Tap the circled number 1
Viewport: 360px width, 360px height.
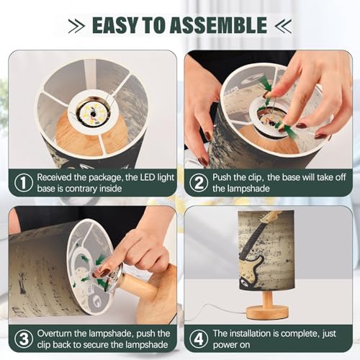coord(23,183)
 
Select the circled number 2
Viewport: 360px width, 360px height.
coord(199,183)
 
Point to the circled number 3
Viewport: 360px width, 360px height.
coord(23,339)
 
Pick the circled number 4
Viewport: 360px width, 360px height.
coord(199,339)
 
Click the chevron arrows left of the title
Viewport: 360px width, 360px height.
coord(76,25)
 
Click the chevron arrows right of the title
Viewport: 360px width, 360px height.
coord(283,25)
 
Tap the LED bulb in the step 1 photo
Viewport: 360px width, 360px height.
coord(92,112)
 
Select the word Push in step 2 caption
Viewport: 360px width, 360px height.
coord(222,177)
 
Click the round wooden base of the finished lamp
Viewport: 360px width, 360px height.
coord(267,311)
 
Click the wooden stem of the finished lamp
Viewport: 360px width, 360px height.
coord(267,297)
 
